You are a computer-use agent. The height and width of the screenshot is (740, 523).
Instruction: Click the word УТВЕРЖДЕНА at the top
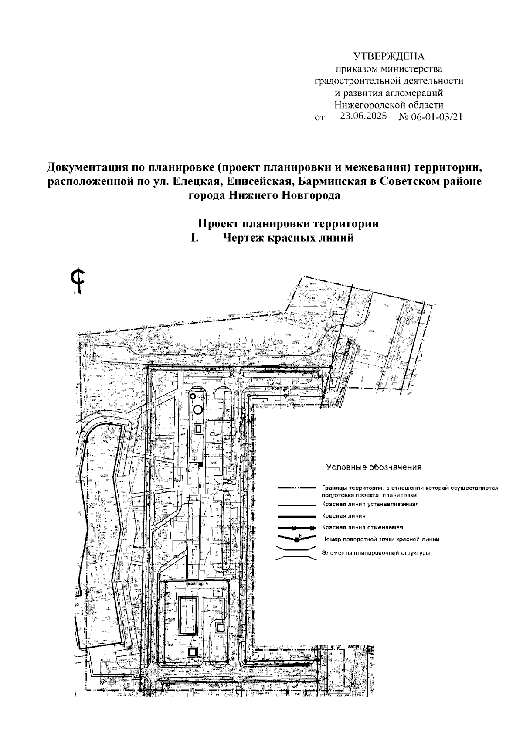click(388, 57)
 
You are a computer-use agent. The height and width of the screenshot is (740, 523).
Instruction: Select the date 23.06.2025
click(364, 116)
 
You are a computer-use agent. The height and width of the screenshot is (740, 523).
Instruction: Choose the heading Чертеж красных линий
click(288, 238)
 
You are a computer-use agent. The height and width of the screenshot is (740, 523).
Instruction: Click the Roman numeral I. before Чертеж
click(195, 238)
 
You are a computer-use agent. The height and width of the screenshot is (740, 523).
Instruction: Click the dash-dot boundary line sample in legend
click(297, 488)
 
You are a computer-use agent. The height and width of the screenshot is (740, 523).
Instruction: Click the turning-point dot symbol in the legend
click(297, 540)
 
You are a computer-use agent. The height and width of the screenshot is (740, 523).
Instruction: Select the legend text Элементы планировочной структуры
click(376, 553)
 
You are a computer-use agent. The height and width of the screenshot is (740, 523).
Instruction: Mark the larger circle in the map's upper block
click(197, 409)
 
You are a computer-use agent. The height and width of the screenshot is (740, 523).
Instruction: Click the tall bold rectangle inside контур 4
click(188, 616)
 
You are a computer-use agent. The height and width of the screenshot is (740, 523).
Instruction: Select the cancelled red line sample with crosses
click(297, 528)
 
